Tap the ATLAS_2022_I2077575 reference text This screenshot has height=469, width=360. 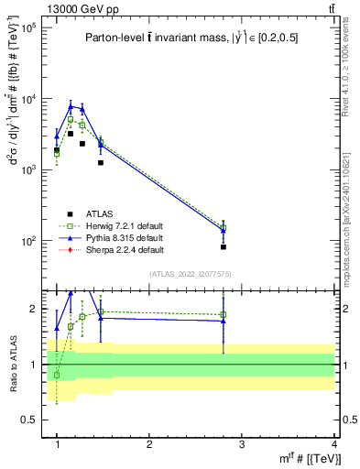click(x=194, y=273)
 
